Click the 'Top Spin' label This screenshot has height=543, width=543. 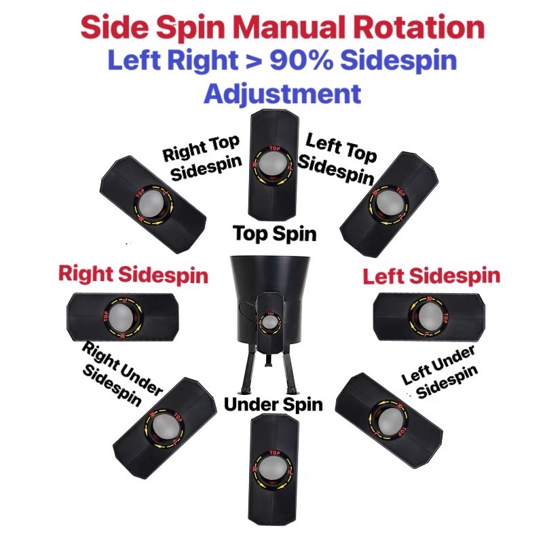point(274,233)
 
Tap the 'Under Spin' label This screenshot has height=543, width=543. point(274,405)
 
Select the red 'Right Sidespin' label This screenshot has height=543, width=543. point(133,275)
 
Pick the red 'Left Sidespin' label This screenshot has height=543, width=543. point(432,276)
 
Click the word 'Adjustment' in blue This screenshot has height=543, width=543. point(282,92)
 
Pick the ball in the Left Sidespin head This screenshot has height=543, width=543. point(428,314)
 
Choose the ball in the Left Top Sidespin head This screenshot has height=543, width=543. point(386,201)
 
